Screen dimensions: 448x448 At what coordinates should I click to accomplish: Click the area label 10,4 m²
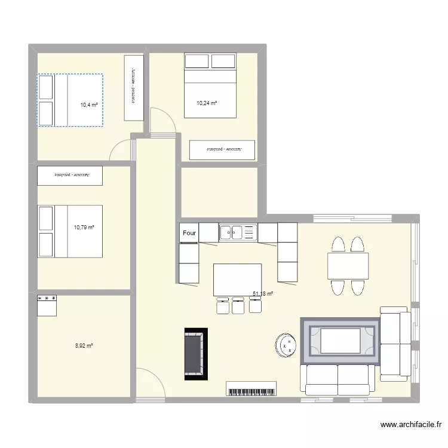click(x=89, y=105)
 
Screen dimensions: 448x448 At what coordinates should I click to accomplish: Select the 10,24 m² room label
click(x=207, y=103)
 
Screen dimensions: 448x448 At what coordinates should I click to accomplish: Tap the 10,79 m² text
click(x=84, y=227)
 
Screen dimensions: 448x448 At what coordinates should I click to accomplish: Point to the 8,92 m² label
click(x=84, y=345)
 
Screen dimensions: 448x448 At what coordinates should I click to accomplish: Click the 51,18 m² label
click(x=263, y=293)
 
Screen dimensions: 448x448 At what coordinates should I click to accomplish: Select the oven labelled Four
click(x=189, y=234)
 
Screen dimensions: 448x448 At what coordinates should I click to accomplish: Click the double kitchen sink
click(x=237, y=232)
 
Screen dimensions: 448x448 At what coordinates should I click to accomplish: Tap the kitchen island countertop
click(x=237, y=280)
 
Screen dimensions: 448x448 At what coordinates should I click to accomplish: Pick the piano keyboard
click(x=251, y=389)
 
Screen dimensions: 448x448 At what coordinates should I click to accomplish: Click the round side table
click(x=286, y=345)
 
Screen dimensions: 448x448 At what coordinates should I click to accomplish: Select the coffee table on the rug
click(x=340, y=340)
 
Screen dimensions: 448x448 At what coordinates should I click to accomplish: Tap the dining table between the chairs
click(x=348, y=266)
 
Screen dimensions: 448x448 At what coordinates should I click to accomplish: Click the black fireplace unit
click(x=195, y=354)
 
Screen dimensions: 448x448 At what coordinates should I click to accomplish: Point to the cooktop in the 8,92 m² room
click(x=47, y=304)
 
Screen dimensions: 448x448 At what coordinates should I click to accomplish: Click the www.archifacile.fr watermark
click(x=412, y=425)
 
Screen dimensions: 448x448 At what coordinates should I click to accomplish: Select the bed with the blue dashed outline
click(x=70, y=100)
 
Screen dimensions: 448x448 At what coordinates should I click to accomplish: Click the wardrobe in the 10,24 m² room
click(x=222, y=150)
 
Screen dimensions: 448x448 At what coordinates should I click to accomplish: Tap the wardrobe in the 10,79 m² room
click(x=70, y=176)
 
